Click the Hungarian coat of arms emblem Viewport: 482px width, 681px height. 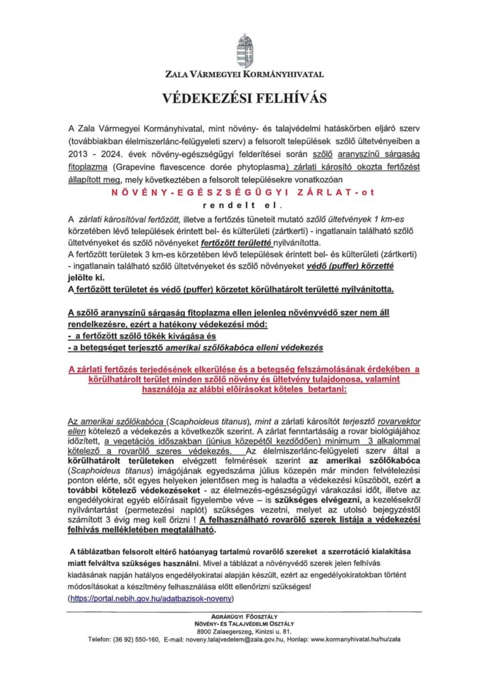pos(240,49)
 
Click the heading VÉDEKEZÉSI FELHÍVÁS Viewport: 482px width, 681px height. pos(240,98)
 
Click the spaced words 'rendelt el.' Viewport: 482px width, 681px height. pos(240,205)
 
